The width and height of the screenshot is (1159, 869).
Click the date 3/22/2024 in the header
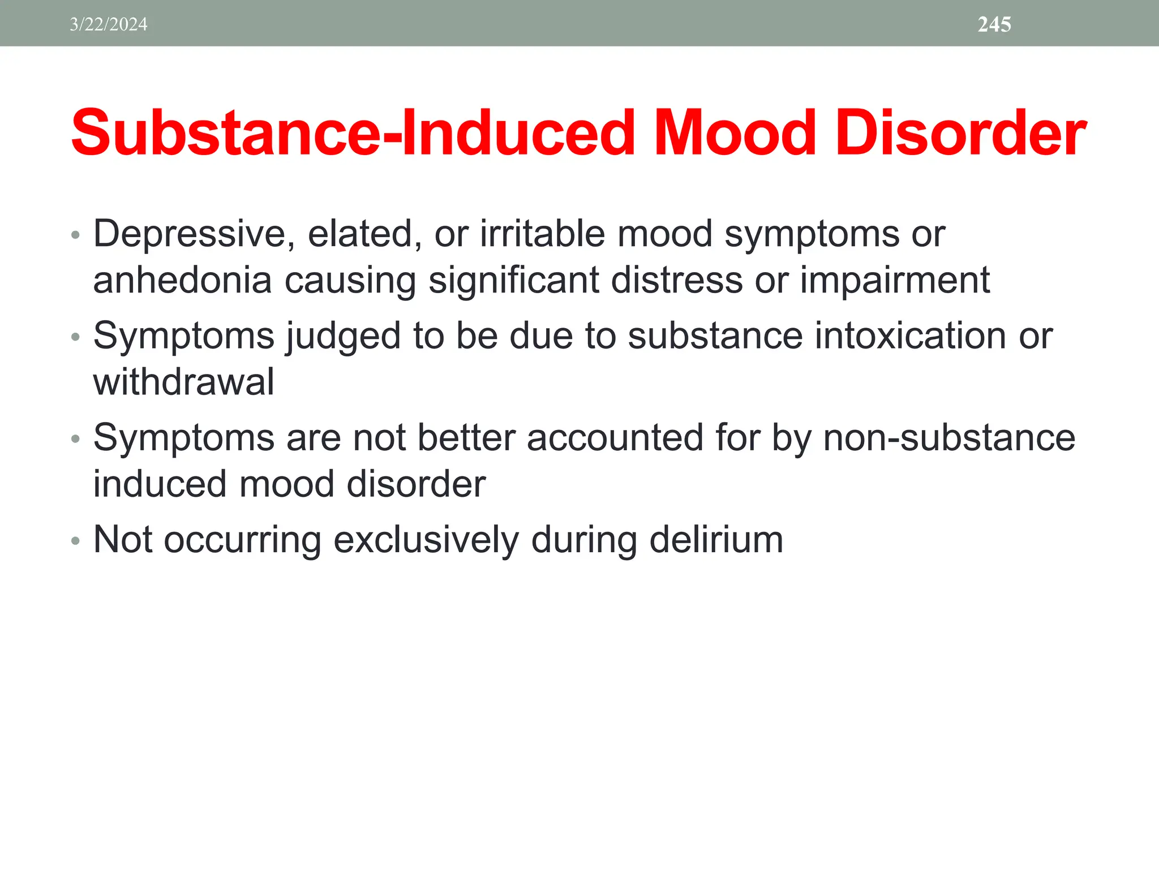(x=108, y=24)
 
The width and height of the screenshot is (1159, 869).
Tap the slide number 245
(x=994, y=24)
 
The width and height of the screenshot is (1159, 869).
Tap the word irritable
(x=542, y=234)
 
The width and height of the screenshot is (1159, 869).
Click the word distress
(x=676, y=281)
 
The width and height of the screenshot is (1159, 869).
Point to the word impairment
(x=895, y=281)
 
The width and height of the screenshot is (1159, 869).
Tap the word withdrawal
(x=183, y=382)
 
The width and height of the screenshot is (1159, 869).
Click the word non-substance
(x=949, y=438)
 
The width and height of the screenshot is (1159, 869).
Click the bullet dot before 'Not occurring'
(x=76, y=541)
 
